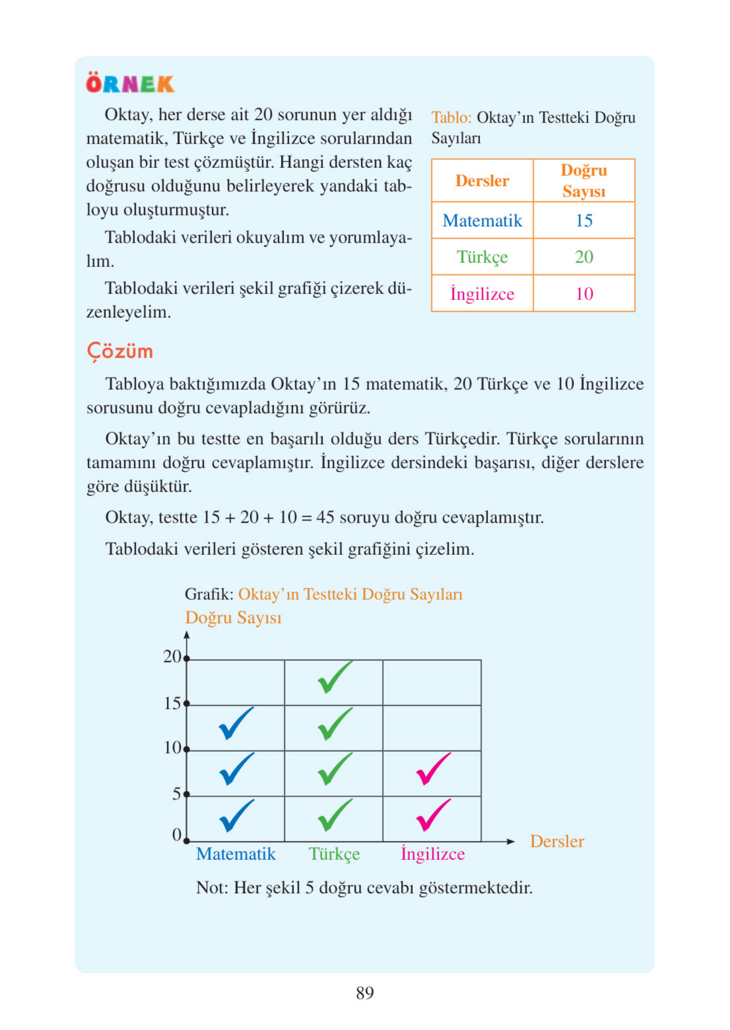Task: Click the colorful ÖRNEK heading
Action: pyautogui.click(x=130, y=84)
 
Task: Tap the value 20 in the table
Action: pyautogui.click(x=583, y=257)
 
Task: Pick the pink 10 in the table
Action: pyautogui.click(x=584, y=294)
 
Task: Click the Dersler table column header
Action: pyautogui.click(x=482, y=181)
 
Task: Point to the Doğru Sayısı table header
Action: pyautogui.click(x=583, y=181)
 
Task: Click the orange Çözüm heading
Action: pyautogui.click(x=120, y=351)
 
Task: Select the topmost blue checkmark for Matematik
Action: pyautogui.click(x=235, y=723)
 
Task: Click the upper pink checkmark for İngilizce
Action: pyautogui.click(x=433, y=769)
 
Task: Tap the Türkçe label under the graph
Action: pyautogui.click(x=334, y=854)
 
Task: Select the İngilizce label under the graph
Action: pyautogui.click(x=433, y=854)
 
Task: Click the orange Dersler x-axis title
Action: pyautogui.click(x=557, y=841)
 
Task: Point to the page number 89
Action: pyautogui.click(x=364, y=993)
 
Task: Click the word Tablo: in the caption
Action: pyautogui.click(x=451, y=118)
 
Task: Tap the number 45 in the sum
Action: pyautogui.click(x=325, y=518)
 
